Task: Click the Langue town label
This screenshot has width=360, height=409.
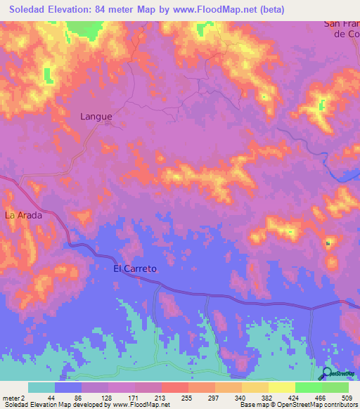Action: click(x=96, y=116)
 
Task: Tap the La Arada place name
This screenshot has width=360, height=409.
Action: click(x=24, y=216)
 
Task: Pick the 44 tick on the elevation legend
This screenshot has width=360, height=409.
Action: click(x=51, y=397)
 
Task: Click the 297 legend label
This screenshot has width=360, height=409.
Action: click(x=214, y=397)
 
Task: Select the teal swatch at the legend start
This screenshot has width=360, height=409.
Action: click(x=41, y=387)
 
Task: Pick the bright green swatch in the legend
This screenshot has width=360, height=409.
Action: click(x=308, y=387)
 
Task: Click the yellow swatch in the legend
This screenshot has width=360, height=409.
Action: click(x=281, y=387)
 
